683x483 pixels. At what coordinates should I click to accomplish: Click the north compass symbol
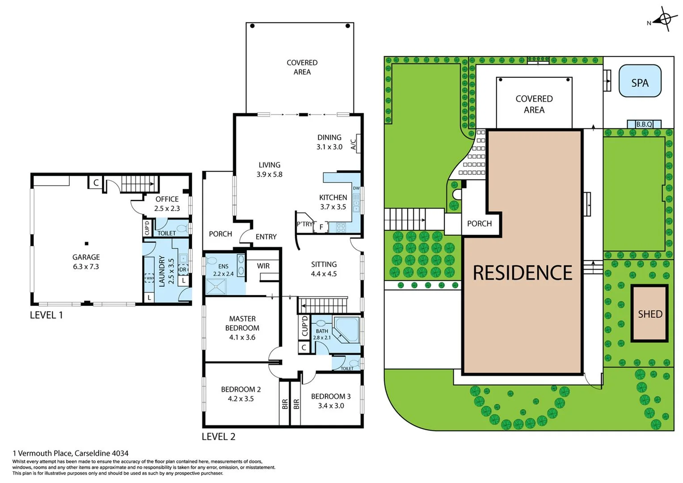[x=664, y=19]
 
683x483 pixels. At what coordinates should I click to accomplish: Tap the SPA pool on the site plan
[x=640, y=81]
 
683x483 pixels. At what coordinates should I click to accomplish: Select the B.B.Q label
[x=644, y=124]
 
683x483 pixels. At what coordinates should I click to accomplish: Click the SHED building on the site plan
[x=649, y=314]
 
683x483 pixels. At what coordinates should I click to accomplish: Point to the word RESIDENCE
[x=522, y=273]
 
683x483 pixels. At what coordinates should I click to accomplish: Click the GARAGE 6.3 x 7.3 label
[x=86, y=262]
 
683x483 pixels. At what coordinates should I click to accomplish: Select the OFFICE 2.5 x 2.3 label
[x=167, y=203]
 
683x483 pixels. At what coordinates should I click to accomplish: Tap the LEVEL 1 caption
[x=46, y=315]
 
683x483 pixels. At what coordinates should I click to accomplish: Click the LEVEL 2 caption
[x=218, y=436]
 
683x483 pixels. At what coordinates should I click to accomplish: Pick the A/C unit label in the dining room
[x=354, y=144]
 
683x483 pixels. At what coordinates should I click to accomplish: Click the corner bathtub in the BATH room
[x=346, y=329]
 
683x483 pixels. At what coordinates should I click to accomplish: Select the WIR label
[x=263, y=266]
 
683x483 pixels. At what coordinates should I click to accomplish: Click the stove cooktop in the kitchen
[x=341, y=228]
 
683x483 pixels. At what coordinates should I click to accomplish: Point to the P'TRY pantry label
[x=305, y=224]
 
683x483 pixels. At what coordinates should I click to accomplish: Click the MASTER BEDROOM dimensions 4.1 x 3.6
[x=242, y=337]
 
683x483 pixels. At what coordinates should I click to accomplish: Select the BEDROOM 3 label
[x=331, y=396]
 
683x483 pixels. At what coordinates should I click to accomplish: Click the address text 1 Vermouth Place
[x=71, y=453]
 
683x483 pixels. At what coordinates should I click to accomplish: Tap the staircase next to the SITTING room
[x=323, y=305]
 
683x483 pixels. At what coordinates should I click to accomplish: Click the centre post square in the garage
[x=87, y=244]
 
